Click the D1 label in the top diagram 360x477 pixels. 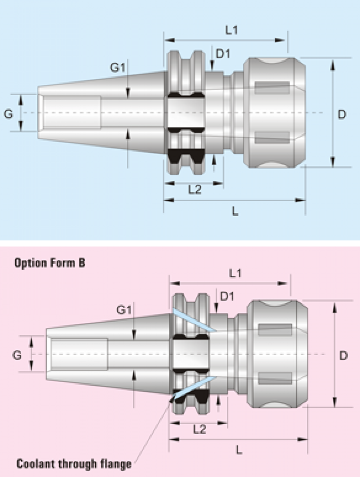(x=223, y=53)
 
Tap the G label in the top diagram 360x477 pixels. (x=8, y=114)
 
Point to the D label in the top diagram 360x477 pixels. (x=342, y=114)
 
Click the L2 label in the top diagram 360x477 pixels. (x=195, y=190)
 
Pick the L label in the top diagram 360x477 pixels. (x=235, y=211)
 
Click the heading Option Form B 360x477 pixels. (x=50, y=263)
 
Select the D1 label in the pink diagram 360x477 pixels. (x=227, y=297)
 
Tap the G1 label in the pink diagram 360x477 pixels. (x=124, y=310)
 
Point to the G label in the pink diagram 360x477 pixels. (x=17, y=355)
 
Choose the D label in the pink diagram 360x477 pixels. (x=343, y=355)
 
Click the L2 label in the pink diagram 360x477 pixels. (x=199, y=429)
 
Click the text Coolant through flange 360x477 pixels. (x=74, y=464)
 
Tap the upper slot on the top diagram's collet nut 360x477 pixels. (x=272, y=88)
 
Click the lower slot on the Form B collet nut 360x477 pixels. (x=275, y=377)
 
